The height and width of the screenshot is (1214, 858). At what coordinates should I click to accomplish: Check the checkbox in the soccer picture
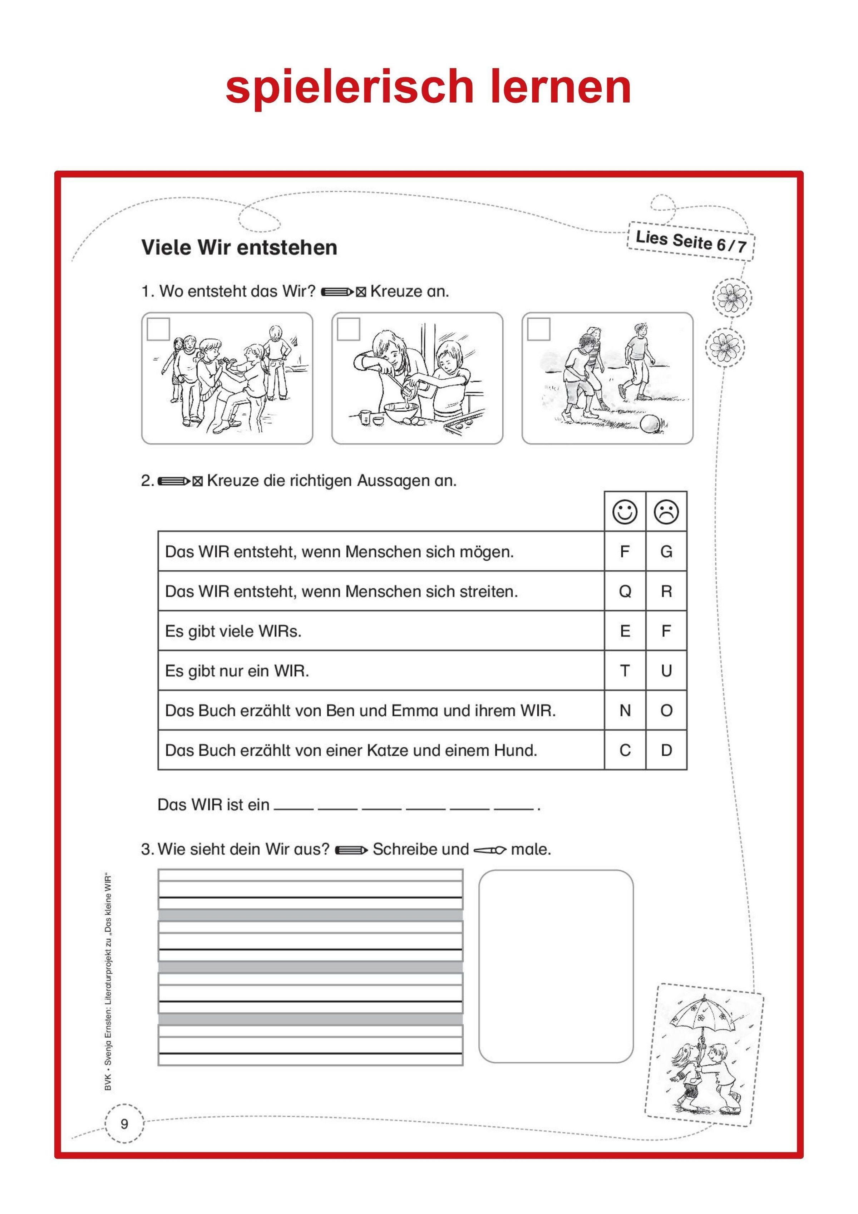(539, 329)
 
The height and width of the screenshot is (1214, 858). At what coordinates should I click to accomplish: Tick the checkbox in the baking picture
(348, 329)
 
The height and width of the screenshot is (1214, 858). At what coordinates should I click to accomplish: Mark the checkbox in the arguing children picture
(158, 329)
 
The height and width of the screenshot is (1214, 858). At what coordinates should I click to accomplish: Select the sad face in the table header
(666, 512)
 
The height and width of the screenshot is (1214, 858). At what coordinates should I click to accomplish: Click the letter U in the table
(666, 670)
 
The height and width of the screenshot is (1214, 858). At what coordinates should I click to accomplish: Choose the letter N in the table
(625, 710)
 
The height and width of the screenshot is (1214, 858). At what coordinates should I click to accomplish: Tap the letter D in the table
(666, 750)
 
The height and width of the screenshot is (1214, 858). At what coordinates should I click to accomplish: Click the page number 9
(124, 1124)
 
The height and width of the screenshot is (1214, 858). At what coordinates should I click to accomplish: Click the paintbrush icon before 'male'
(489, 850)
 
